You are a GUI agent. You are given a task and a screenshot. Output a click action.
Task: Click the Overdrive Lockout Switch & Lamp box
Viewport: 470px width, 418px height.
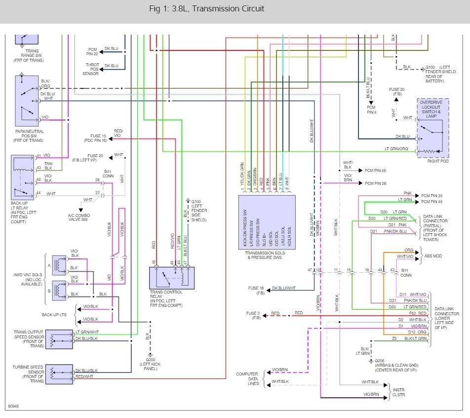click(433, 128)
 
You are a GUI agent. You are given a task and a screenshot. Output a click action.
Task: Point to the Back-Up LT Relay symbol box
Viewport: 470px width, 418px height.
click(23, 177)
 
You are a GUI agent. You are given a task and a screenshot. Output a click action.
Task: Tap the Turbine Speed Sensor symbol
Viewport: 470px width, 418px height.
click(59, 373)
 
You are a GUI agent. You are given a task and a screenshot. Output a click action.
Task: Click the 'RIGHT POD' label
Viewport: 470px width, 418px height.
click(432, 161)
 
